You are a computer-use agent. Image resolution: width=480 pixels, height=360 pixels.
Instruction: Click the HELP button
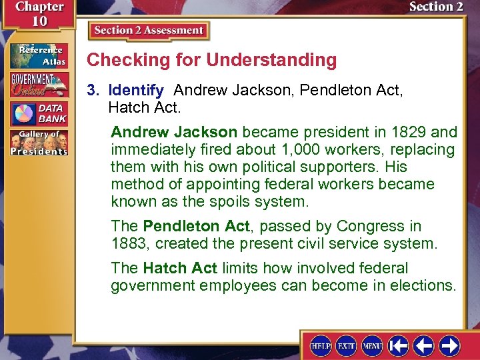tap(321, 346)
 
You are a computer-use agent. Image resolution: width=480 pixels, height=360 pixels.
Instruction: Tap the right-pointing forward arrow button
tap(449, 346)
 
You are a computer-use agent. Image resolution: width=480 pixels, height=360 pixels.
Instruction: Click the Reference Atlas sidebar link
tap(38, 55)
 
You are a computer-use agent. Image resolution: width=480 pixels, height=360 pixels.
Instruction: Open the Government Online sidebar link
tap(38, 85)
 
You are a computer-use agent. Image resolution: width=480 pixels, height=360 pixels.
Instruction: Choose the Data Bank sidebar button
tap(38, 114)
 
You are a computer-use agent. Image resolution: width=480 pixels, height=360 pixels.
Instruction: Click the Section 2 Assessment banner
tap(149, 31)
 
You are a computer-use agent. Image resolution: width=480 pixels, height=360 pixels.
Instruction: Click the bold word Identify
tap(136, 89)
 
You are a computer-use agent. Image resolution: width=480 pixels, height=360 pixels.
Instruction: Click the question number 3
tap(93, 89)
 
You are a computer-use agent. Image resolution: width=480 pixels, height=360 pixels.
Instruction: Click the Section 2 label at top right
tap(436, 7)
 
